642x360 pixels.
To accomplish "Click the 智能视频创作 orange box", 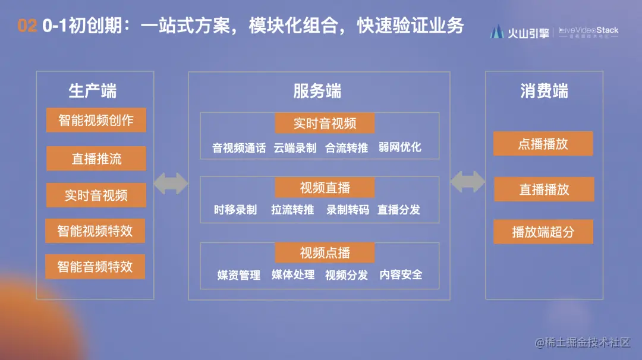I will (x=96, y=121).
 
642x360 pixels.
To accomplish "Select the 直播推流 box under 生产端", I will (x=96, y=159).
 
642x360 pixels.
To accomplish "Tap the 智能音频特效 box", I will (x=95, y=267).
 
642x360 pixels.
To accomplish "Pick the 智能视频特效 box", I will (x=95, y=231).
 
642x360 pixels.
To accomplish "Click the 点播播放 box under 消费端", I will (x=543, y=144).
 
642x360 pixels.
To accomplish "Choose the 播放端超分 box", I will (x=543, y=232).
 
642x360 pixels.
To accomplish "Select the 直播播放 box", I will (x=544, y=190).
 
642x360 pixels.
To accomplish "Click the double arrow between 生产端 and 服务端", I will (x=171, y=183).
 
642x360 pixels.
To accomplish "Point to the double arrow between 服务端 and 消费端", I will (x=467, y=182).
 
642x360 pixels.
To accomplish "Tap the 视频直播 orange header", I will (x=325, y=188).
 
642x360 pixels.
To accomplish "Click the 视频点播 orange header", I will (x=325, y=253).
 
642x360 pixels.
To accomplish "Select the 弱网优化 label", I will (x=399, y=148).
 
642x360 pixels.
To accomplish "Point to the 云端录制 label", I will (x=295, y=148).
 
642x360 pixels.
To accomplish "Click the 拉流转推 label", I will (x=292, y=210).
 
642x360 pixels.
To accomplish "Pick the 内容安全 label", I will (x=401, y=274).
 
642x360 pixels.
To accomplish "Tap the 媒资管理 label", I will (x=239, y=275).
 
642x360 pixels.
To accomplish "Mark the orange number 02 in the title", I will (x=27, y=26).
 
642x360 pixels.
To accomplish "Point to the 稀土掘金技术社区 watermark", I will (x=583, y=343).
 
